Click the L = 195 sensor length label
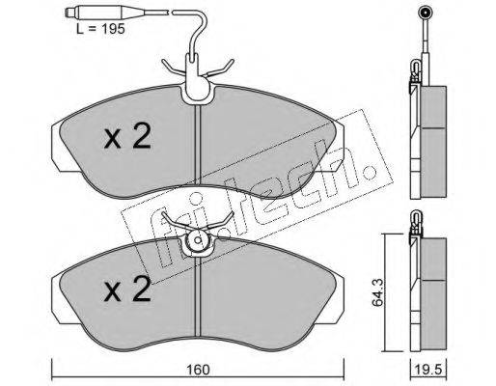pyautogui.click(x=100, y=29)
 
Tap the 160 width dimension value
pyautogui.click(x=198, y=370)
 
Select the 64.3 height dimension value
pyautogui.click(x=377, y=292)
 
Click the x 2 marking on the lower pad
pyautogui.click(x=127, y=289)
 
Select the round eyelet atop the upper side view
pyautogui.click(x=426, y=14)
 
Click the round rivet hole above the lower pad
pyautogui.click(x=198, y=240)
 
